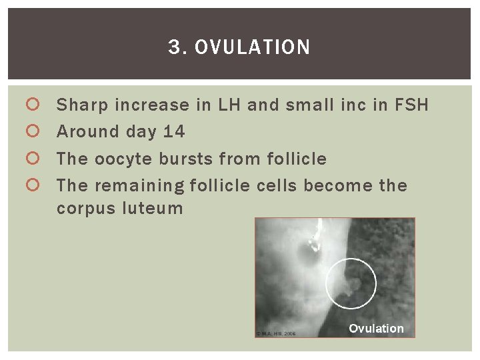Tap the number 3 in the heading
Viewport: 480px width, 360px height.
(175, 47)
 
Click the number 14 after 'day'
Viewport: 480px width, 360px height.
(173, 132)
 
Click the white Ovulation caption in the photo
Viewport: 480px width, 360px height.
(376, 329)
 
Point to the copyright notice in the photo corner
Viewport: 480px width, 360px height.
(275, 333)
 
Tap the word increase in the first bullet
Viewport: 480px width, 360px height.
(143, 105)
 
